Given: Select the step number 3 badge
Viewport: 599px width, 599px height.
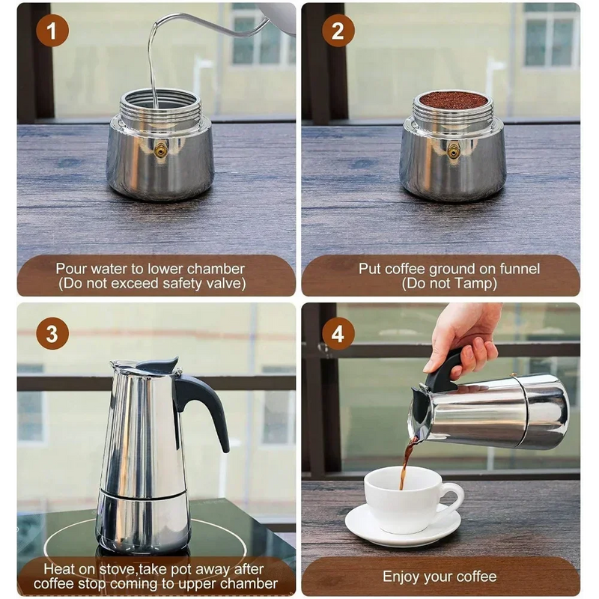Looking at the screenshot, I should point(52,334).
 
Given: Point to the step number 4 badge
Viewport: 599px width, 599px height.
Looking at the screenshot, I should point(338,334).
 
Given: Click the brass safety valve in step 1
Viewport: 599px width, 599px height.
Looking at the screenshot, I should point(159,150).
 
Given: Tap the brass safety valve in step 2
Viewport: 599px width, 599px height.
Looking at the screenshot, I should point(452,150).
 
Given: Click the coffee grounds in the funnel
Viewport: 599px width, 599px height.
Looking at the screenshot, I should point(452,100).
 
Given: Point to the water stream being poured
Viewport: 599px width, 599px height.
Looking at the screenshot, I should point(153,67).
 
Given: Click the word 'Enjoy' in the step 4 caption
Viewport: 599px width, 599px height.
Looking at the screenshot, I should point(403,577).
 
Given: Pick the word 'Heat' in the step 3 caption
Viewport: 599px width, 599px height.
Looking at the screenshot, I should point(58,569).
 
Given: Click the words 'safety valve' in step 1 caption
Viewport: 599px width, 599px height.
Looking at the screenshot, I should point(200,284).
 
